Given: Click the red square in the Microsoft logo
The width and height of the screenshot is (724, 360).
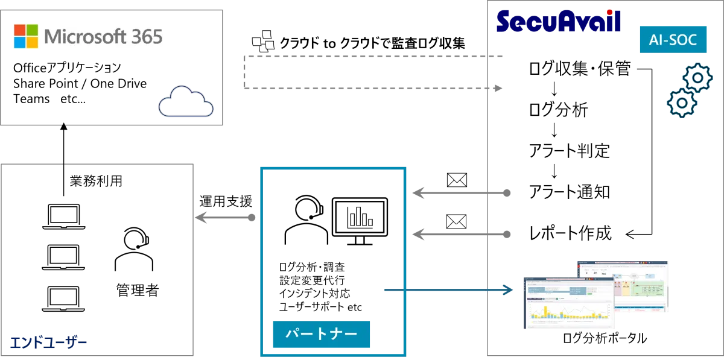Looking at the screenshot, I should (20, 30).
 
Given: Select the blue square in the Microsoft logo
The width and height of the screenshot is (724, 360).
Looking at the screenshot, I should (20, 42).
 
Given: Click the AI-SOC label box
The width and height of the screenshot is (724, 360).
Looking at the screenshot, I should (672, 40).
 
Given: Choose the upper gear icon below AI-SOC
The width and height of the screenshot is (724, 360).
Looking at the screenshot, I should (696, 77).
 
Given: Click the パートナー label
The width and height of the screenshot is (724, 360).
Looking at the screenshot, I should (321, 334).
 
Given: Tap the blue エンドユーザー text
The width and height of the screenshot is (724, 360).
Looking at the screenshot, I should (48, 342).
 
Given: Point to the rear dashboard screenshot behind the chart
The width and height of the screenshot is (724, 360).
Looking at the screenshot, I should (640, 283).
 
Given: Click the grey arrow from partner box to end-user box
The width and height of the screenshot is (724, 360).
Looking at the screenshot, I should (226, 217).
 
